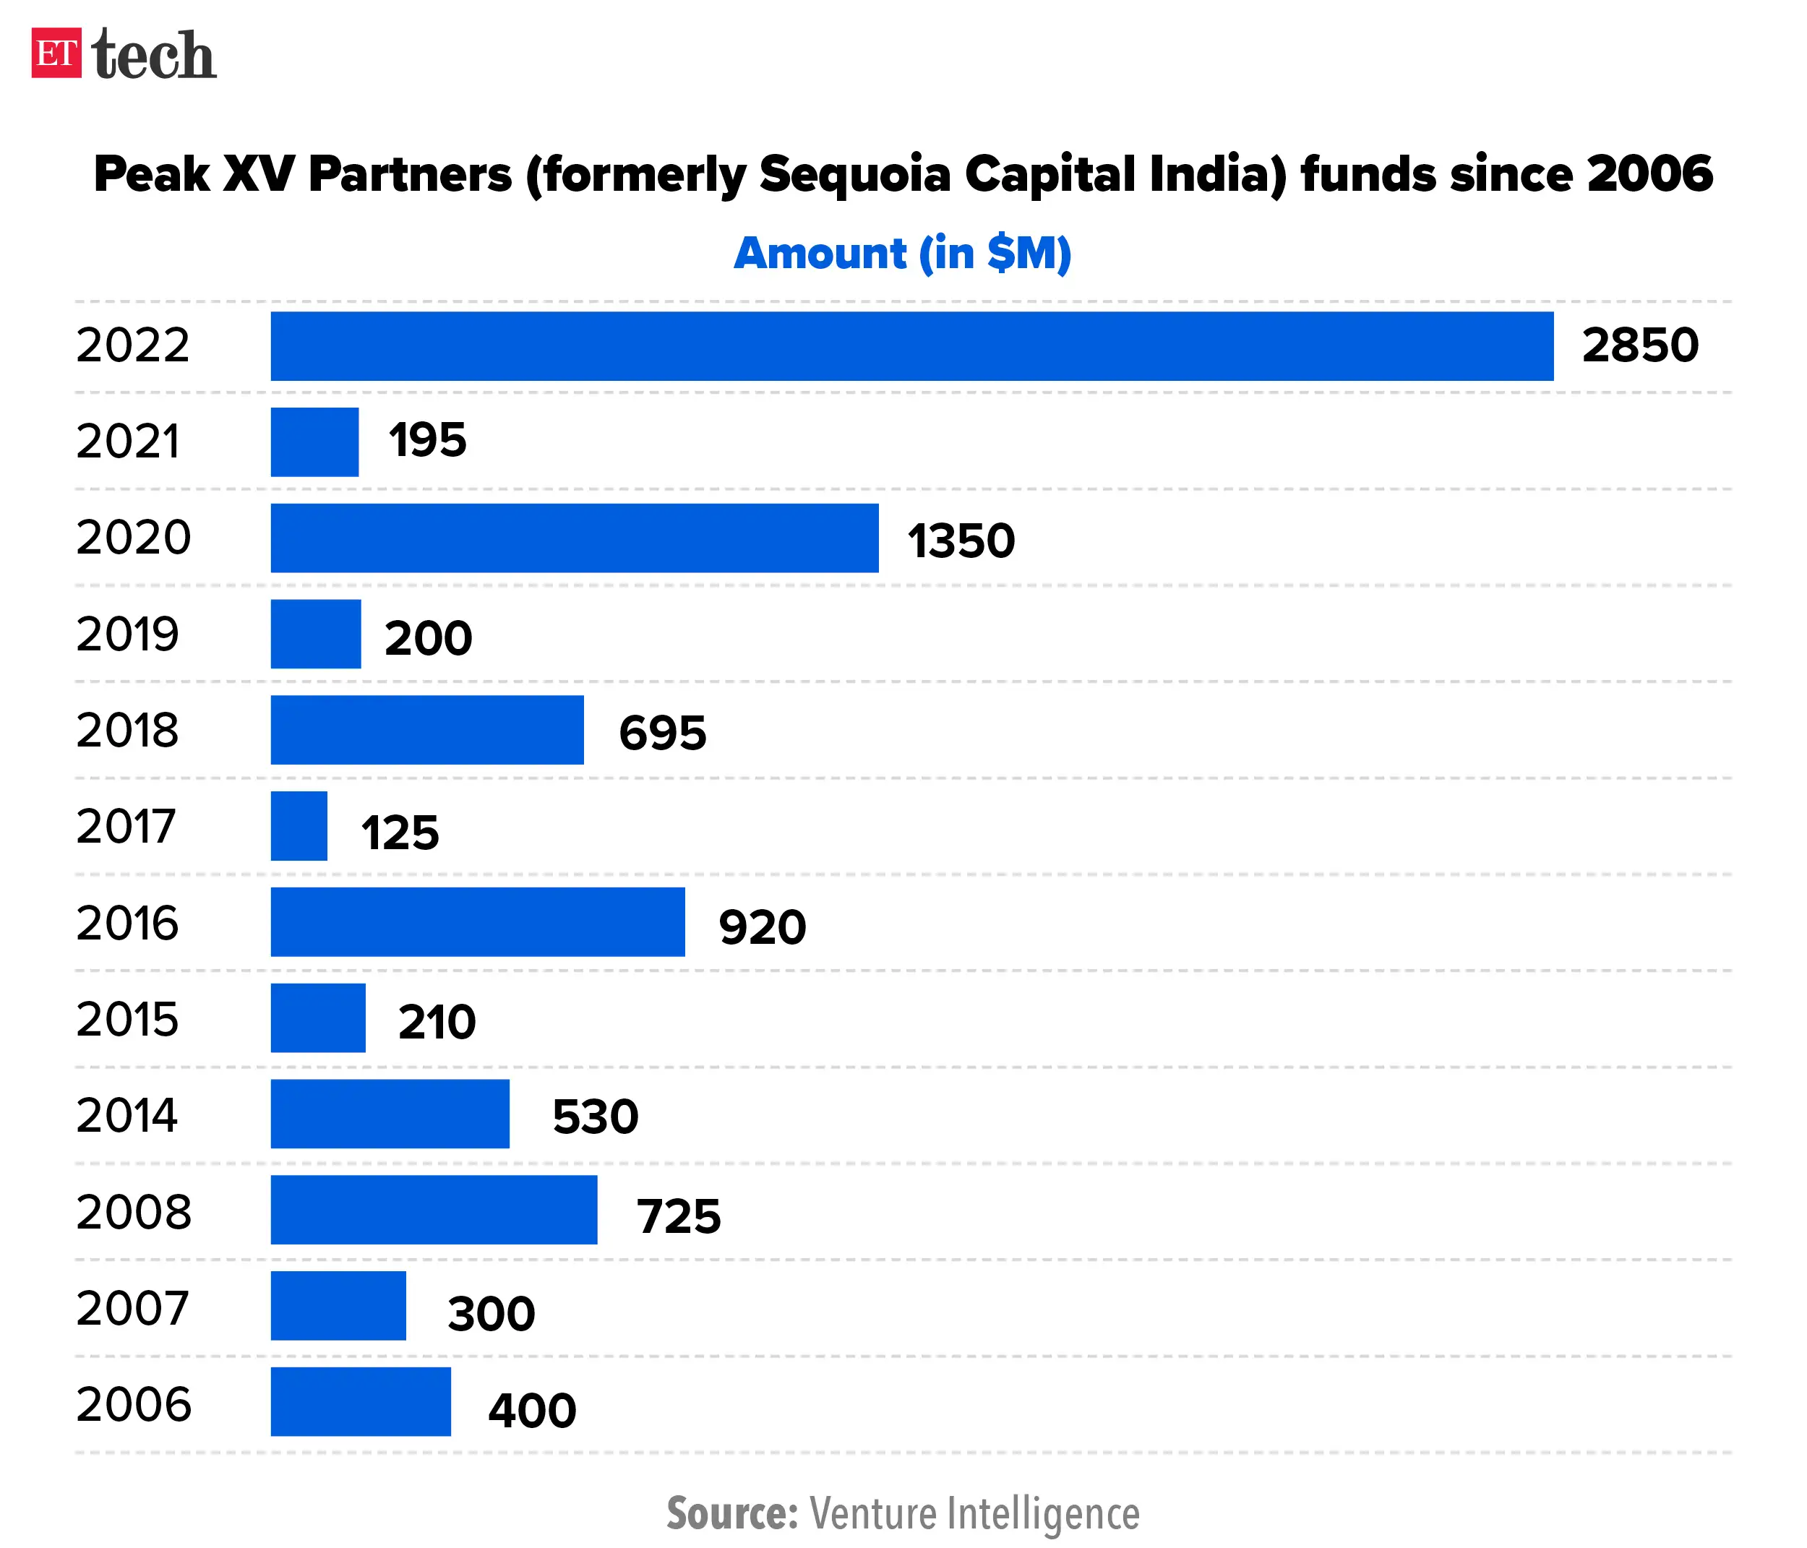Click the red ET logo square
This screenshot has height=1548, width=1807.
pyautogui.click(x=56, y=53)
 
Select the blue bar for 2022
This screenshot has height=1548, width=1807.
pyautogui.click(x=911, y=346)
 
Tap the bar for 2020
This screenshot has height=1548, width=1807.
pyautogui.click(x=574, y=538)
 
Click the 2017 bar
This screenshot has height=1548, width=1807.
pyautogui.click(x=299, y=826)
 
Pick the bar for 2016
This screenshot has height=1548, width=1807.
pyautogui.click(x=477, y=922)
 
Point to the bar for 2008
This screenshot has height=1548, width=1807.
pyautogui.click(x=434, y=1210)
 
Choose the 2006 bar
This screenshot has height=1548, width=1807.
pyautogui.click(x=360, y=1401)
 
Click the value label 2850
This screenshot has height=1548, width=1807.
pyautogui.click(x=1639, y=345)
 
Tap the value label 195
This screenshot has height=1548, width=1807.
pyautogui.click(x=427, y=439)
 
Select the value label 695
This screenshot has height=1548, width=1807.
pyautogui.click(x=662, y=733)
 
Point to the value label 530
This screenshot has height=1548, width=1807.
pyautogui.click(x=596, y=1117)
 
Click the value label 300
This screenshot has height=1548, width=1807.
pyautogui.click(x=491, y=1313)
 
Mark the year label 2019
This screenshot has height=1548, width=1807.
pyautogui.click(x=127, y=634)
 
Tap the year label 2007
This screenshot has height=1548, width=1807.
pyautogui.click(x=132, y=1307)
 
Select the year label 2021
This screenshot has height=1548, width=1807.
pyautogui.click(x=127, y=442)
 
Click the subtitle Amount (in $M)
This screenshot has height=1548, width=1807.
pyautogui.click(x=903, y=254)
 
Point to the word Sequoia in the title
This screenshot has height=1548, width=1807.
pyautogui.click(x=854, y=174)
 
